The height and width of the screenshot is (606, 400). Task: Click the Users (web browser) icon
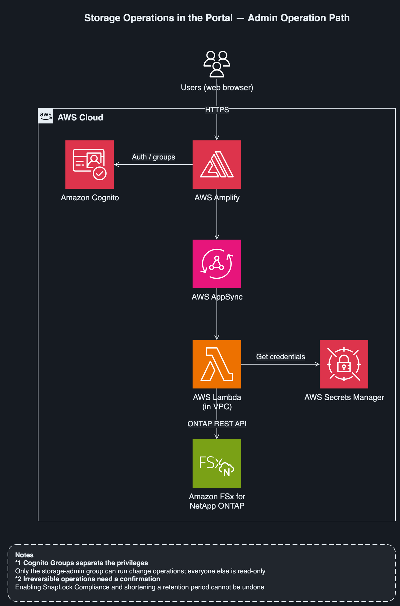[x=217, y=64]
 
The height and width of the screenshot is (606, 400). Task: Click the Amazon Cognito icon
[x=90, y=165]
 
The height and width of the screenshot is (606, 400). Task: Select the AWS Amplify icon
[x=217, y=165]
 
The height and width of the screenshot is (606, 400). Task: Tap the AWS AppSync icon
[x=217, y=264]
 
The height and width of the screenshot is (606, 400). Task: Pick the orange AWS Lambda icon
[x=217, y=364]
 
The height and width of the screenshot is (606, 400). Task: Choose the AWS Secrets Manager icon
[x=344, y=364]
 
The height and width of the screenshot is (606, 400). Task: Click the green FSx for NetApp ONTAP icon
[x=217, y=464]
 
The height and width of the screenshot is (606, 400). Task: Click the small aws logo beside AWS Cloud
[x=46, y=116]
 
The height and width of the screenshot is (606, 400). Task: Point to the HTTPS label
[x=217, y=110]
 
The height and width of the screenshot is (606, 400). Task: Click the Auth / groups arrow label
[x=154, y=157]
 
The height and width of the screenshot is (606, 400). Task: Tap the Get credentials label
[x=281, y=357]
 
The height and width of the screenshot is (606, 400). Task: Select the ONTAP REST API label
[x=217, y=424]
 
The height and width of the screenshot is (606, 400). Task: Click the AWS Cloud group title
[x=80, y=117]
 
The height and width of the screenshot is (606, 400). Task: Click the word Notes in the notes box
[x=24, y=555]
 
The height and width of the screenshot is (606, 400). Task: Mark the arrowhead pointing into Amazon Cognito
[x=116, y=165]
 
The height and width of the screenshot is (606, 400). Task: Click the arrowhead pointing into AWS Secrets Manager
[x=317, y=364]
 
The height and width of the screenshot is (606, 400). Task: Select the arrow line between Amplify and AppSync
[x=217, y=214]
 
